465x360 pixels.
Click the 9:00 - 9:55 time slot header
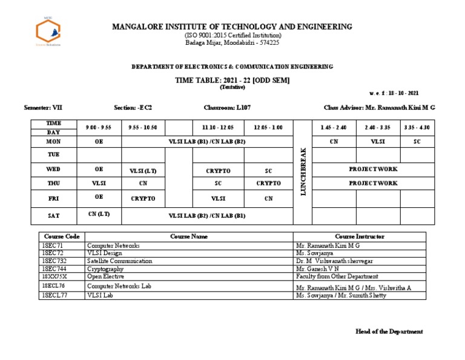coord(99,127)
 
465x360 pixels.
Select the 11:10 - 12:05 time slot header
coord(218,127)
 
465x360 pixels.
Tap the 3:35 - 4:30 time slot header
coord(417,127)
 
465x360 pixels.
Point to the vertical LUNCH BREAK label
coord(303,172)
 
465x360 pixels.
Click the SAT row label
coord(54,215)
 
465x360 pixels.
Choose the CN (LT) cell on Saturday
coord(99,214)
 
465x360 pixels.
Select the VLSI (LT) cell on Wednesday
coord(143,171)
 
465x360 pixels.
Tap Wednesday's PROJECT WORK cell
coord(373,169)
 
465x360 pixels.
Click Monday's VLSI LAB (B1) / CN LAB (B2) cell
coord(207,141)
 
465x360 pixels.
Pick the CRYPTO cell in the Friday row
coord(143,198)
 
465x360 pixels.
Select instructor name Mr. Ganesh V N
coord(318,268)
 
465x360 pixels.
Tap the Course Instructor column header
coord(360,236)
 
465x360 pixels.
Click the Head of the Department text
coord(389,332)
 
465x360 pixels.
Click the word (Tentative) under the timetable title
coord(232,87)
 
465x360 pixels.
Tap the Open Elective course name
coord(107,276)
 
